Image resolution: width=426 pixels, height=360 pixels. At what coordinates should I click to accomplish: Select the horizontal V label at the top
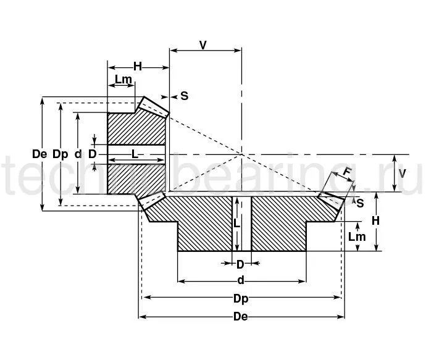[x=203, y=44]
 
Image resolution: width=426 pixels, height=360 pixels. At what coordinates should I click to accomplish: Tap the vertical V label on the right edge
[x=402, y=172]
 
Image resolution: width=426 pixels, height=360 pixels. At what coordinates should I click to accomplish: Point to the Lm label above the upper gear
[x=123, y=79]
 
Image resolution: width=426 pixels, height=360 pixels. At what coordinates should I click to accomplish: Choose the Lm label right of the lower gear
[x=357, y=236]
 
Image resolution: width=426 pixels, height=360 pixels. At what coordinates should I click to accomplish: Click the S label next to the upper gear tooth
[x=184, y=96]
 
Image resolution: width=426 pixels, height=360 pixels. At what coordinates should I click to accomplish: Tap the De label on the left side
[x=40, y=154]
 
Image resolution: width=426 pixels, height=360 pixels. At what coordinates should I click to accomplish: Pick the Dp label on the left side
[x=60, y=154]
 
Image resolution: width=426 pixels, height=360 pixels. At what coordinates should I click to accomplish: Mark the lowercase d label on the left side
[x=78, y=154]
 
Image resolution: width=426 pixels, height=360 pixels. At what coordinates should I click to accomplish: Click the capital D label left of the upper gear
[x=92, y=154]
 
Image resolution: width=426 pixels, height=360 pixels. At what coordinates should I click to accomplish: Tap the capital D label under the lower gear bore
[x=241, y=264]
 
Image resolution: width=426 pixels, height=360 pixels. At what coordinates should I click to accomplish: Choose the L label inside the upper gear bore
[x=135, y=153]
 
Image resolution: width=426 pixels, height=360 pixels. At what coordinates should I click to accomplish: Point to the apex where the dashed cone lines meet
[x=241, y=154]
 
